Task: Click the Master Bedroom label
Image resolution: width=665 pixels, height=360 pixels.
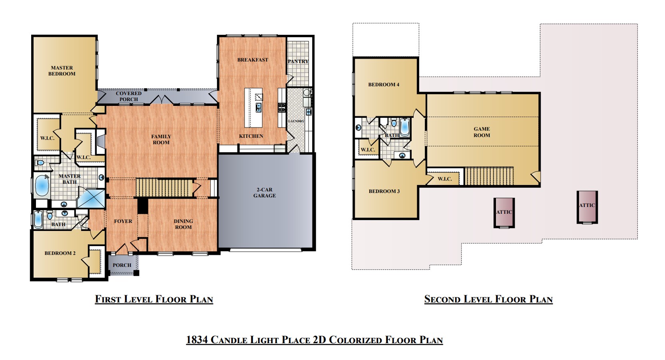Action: tap(62, 71)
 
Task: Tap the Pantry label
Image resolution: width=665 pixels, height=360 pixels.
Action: tap(298, 62)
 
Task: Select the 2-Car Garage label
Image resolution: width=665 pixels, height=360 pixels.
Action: tap(265, 193)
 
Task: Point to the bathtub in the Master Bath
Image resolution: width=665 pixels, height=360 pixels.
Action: tap(42, 186)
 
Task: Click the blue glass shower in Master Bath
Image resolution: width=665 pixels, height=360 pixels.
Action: tap(91, 199)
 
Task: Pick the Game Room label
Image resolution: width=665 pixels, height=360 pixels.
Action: tap(482, 132)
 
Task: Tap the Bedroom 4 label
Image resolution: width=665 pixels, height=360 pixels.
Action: tap(384, 85)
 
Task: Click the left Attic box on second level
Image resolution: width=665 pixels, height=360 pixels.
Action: tap(504, 213)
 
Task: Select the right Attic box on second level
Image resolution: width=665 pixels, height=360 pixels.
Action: tap(587, 207)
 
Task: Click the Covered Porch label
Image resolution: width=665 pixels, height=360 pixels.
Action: tap(129, 96)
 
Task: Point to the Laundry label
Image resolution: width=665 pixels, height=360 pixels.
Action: tap(296, 121)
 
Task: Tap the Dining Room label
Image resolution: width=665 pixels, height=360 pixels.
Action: tap(183, 224)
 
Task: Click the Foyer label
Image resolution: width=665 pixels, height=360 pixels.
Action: tap(123, 221)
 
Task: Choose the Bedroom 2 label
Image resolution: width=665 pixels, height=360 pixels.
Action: tap(60, 253)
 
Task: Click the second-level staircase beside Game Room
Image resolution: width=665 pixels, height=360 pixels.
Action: tap(489, 176)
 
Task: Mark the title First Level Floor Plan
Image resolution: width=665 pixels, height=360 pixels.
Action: tap(154, 299)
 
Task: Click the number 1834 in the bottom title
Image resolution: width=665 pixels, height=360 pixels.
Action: tap(197, 340)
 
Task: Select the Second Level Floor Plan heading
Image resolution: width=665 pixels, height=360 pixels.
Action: tap(488, 299)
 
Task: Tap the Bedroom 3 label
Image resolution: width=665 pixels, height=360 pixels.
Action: tap(384, 191)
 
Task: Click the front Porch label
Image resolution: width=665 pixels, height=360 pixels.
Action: tap(122, 265)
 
